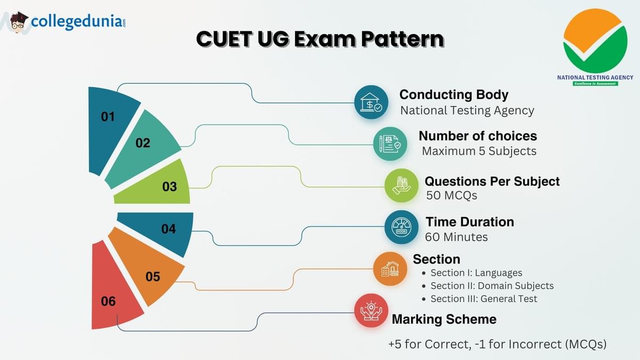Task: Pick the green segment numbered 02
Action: tap(144, 146)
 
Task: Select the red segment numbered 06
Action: tap(112, 293)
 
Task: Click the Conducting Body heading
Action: tap(453, 94)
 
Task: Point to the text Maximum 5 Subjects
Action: tap(479, 151)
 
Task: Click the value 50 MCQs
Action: tap(452, 195)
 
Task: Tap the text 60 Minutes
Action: tap(456, 237)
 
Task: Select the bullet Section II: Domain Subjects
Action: tap(492, 286)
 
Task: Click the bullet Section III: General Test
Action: tap(484, 299)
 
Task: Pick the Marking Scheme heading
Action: tap(444, 319)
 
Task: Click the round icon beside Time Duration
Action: tap(401, 227)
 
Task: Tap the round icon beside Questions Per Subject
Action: tap(401, 186)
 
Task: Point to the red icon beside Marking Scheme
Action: tap(371, 310)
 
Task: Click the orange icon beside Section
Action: tap(390, 269)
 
